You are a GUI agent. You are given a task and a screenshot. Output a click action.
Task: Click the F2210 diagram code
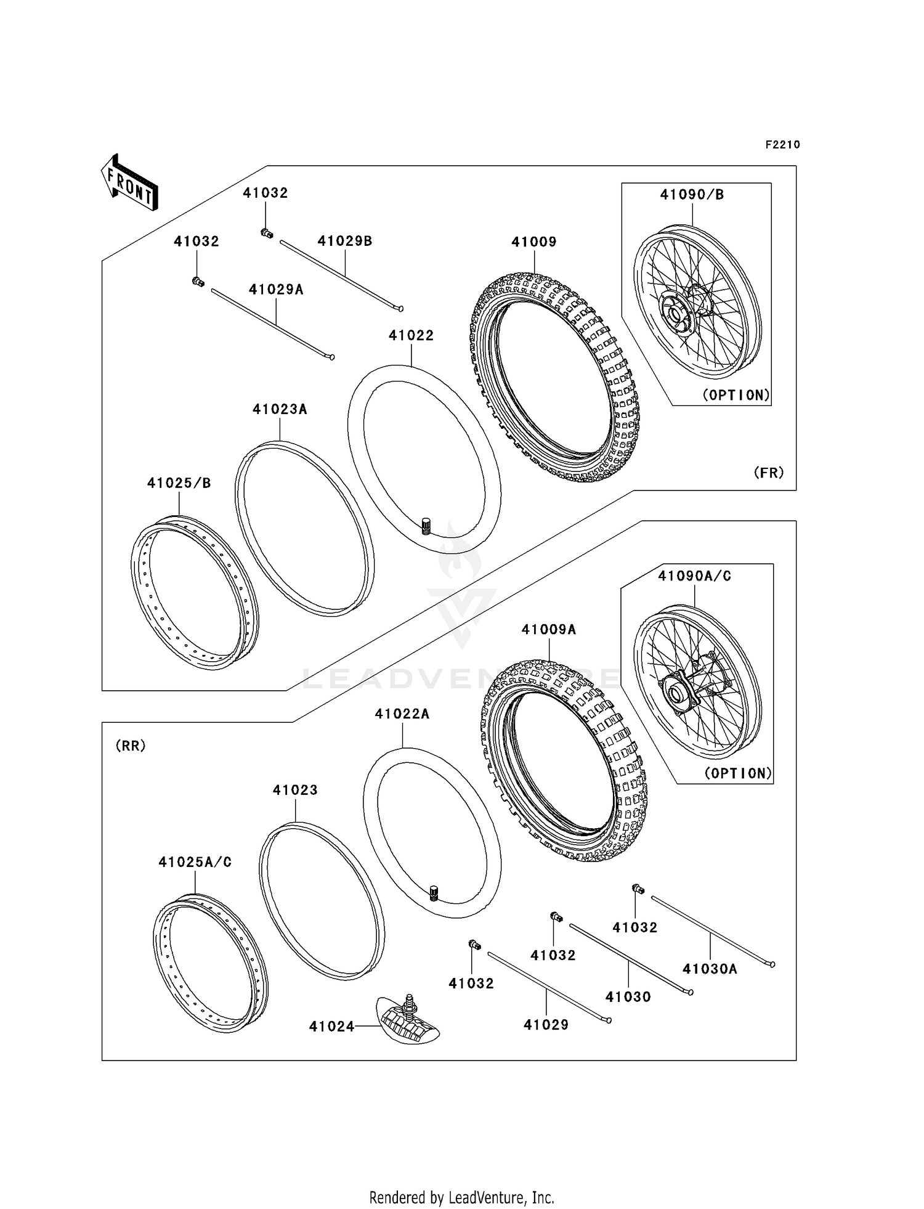(782, 145)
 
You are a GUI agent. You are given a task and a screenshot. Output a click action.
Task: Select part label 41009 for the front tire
(533, 242)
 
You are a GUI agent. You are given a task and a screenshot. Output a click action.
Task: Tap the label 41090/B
(692, 195)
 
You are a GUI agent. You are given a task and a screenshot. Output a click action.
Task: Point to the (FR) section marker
(768, 473)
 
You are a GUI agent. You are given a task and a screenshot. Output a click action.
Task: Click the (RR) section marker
(130, 746)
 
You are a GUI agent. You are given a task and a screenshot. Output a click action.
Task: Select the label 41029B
(344, 241)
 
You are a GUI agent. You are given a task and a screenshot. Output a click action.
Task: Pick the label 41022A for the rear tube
(402, 714)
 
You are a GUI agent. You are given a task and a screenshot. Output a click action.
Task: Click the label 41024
(331, 1027)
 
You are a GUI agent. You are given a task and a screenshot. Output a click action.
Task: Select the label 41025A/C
(195, 862)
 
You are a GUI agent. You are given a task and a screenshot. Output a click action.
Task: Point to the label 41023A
(279, 409)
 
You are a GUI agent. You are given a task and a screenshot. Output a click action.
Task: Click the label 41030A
(710, 969)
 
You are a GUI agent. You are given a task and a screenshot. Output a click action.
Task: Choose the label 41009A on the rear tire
(548, 629)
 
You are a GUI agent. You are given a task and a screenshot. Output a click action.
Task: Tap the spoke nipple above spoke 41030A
(638, 889)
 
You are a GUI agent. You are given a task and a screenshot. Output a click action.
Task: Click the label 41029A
(276, 290)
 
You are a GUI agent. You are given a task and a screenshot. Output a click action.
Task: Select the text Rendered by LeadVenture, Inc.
(461, 1197)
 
